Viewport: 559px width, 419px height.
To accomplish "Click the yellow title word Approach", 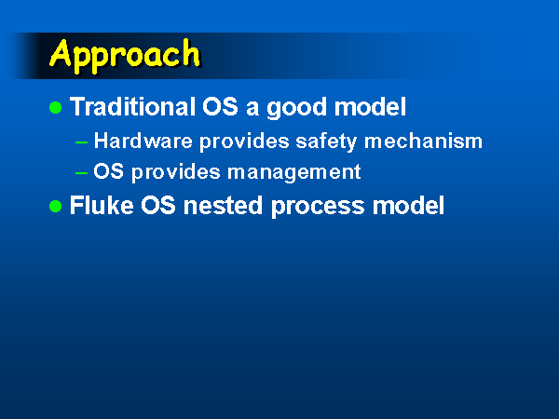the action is coord(125,56).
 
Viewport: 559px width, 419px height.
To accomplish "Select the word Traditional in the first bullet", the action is coord(132,106).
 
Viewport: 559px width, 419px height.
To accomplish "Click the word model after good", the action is coord(371,106).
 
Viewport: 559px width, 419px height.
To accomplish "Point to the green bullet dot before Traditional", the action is coord(56,107).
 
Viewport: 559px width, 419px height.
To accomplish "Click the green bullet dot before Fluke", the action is coord(56,206).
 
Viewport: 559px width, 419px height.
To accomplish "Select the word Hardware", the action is coord(143,141).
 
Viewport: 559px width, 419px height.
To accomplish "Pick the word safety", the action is coord(326,142).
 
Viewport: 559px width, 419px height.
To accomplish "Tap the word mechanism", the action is coord(423,141).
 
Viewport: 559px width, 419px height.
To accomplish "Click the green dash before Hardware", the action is coord(82,142).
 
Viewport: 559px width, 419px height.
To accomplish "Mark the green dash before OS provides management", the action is coord(82,173).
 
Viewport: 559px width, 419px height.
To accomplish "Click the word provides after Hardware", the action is coord(244,142).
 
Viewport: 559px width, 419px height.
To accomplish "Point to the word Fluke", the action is coord(102,205).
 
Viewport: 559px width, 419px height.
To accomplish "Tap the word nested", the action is coord(224,205).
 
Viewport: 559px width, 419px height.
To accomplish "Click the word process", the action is coord(318,207).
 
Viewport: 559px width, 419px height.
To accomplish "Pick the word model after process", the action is coord(409,205).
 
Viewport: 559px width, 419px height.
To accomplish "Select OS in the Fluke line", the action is coord(158,205).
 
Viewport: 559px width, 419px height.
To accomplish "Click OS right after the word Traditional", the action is coord(220,106).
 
